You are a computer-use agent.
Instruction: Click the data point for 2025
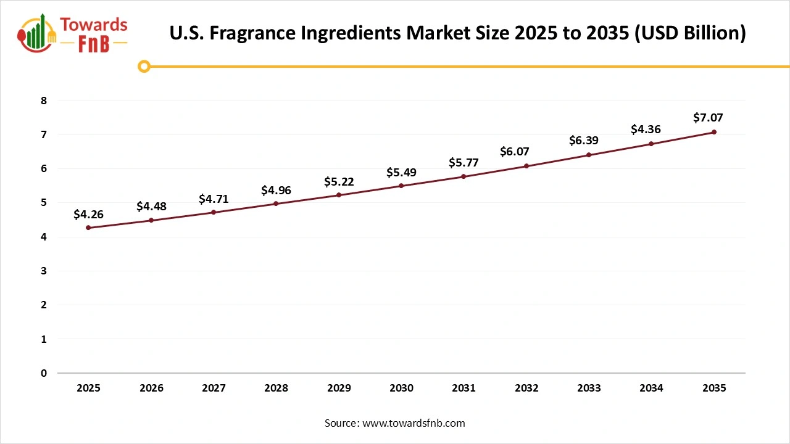click(88, 228)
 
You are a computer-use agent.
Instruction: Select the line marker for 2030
click(401, 186)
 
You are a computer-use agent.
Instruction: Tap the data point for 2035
click(714, 132)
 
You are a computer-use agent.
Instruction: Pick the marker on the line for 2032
click(526, 166)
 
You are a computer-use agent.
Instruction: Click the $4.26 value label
click(88, 215)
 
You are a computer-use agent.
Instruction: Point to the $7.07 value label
click(708, 117)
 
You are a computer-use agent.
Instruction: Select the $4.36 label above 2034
click(646, 129)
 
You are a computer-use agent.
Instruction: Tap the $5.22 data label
click(339, 182)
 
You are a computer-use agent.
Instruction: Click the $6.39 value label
click(583, 141)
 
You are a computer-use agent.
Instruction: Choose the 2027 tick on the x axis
click(214, 388)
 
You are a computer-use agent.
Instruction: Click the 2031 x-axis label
click(464, 388)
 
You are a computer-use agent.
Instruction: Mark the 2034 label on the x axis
click(651, 388)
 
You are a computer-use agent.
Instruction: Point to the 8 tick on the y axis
click(44, 101)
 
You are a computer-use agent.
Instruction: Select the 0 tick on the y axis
click(44, 373)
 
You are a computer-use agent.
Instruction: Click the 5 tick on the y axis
click(44, 203)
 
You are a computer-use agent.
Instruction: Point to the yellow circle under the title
click(144, 66)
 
